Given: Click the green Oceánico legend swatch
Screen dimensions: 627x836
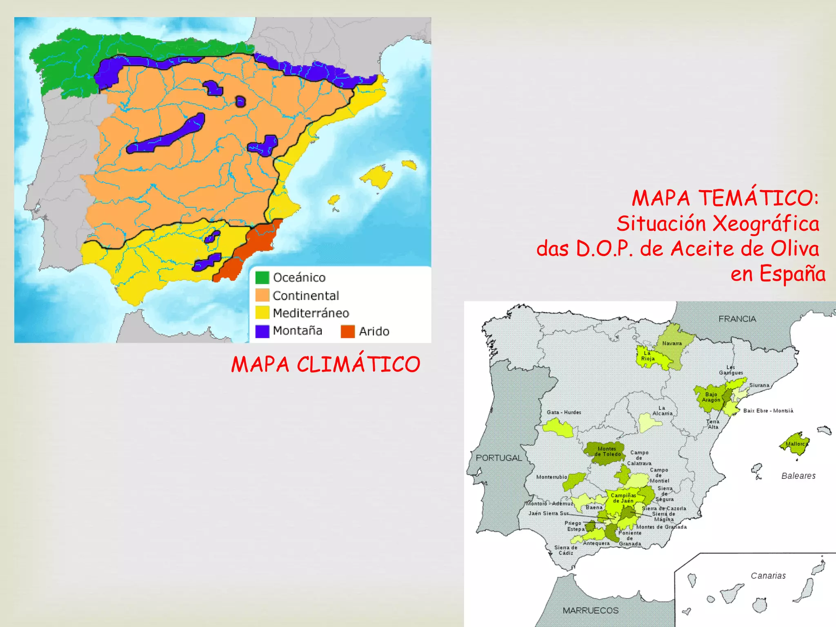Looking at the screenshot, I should click(262, 278).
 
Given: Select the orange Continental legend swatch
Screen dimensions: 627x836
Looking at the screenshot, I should click(262, 295).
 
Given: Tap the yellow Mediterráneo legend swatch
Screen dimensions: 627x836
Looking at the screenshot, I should click(262, 313).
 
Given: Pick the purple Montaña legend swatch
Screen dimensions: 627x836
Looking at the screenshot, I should click(262, 331).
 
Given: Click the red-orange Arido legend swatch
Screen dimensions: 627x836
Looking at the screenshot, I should click(348, 331).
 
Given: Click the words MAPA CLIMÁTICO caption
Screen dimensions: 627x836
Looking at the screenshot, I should click(325, 364).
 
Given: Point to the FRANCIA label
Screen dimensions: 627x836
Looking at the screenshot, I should click(737, 319).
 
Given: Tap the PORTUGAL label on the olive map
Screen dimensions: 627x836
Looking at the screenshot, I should click(499, 458).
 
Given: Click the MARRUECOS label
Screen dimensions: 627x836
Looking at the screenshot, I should click(590, 610).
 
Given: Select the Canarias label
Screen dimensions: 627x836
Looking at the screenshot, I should click(768, 576).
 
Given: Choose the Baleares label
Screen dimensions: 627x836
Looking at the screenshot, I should click(798, 476).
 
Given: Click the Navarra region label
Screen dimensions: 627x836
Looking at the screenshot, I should click(672, 343).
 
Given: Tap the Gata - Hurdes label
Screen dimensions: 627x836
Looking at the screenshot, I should click(564, 412).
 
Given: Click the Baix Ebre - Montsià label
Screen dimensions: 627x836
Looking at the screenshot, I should click(768, 411).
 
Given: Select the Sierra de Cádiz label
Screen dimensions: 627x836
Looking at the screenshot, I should click(566, 550).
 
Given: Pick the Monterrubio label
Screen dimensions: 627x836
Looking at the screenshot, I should click(551, 477).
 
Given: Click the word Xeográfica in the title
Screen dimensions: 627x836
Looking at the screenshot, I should click(766, 224).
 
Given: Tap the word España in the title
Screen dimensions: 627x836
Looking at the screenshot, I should click(792, 273).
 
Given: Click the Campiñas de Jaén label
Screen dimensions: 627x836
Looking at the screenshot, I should click(623, 498).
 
